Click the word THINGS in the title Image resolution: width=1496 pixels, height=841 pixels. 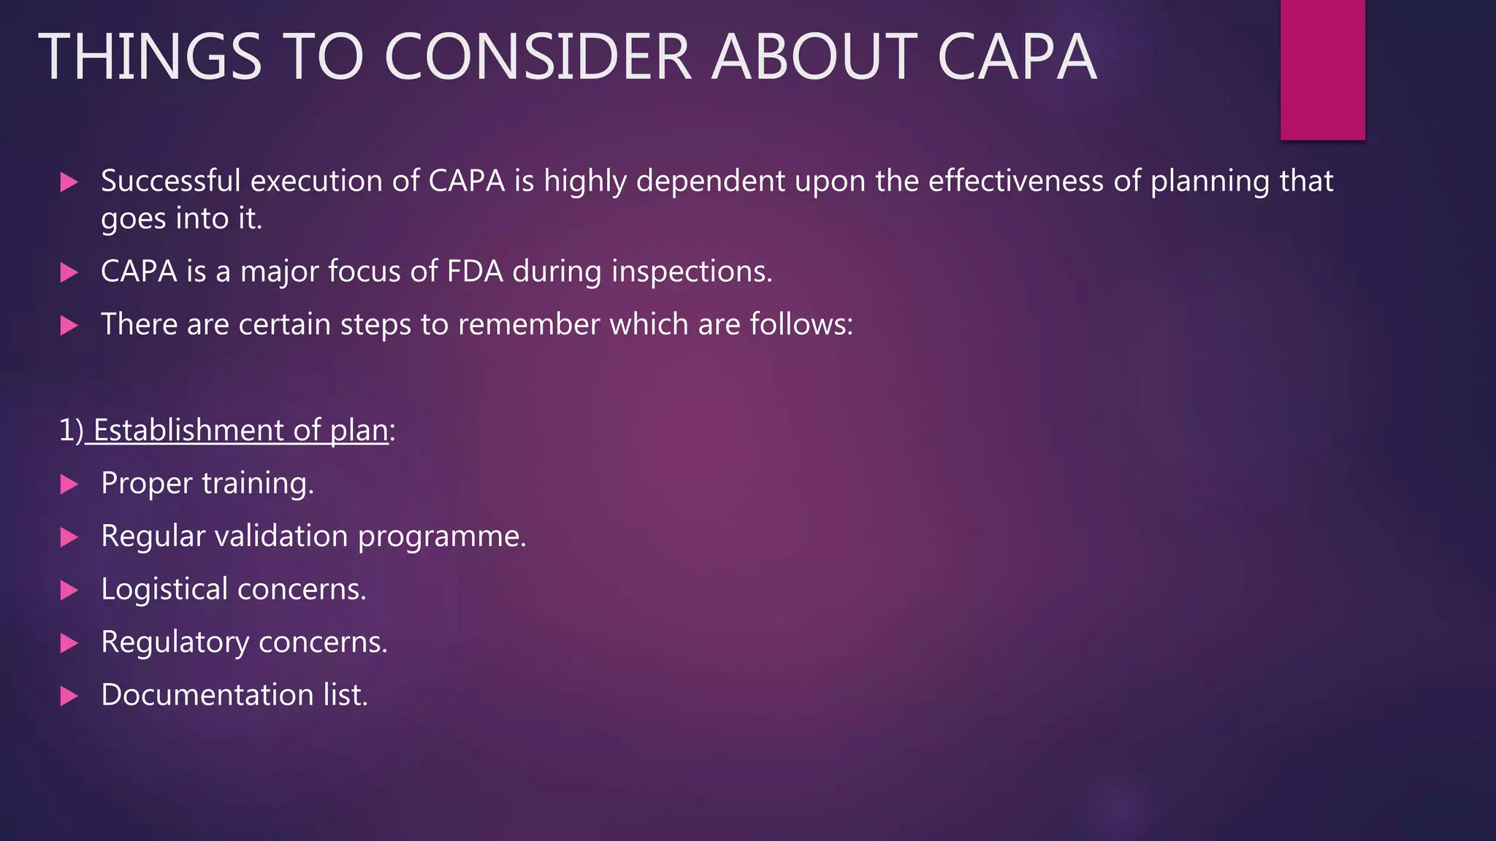(150, 57)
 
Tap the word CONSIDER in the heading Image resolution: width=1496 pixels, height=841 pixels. (538, 57)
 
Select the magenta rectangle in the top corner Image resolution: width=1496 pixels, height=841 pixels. (1322, 69)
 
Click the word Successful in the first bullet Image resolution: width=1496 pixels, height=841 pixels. (170, 181)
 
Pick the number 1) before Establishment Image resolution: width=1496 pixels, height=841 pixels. (71, 431)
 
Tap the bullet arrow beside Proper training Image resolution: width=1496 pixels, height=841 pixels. (69, 484)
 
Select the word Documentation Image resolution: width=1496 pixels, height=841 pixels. (207, 695)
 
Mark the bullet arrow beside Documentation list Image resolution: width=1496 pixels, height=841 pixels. (69, 696)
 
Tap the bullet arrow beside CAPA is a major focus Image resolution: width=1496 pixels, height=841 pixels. (69, 273)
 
